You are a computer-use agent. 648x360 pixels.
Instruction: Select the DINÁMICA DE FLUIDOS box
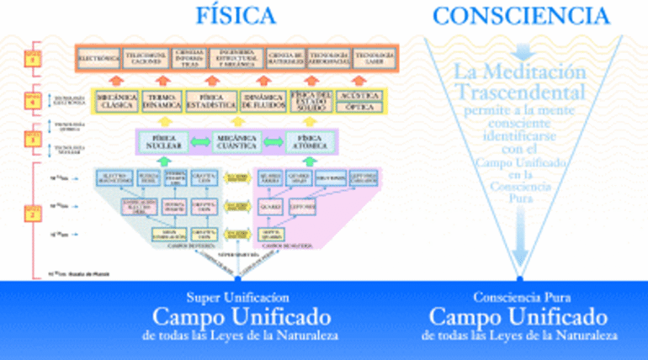pos(262,102)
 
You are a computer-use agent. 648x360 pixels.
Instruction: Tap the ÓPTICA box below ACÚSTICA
pos(358,107)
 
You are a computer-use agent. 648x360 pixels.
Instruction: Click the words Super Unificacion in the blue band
pos(237,299)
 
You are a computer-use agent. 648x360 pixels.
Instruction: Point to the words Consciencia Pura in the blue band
pos(521,299)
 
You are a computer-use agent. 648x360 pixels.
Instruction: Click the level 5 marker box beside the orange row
pos(31,60)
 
